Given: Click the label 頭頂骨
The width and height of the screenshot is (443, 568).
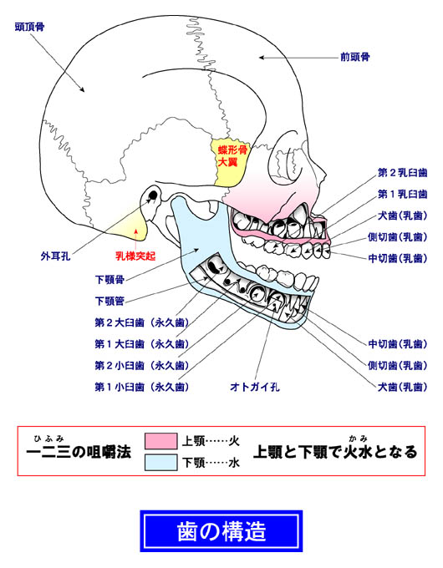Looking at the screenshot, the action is [x=29, y=28].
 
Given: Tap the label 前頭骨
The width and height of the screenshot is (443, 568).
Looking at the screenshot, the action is [x=355, y=57].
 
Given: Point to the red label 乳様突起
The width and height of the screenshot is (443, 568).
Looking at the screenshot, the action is [x=135, y=256].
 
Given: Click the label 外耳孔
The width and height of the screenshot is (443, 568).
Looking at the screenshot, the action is [x=55, y=256].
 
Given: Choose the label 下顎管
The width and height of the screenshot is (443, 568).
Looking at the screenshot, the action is [x=109, y=301].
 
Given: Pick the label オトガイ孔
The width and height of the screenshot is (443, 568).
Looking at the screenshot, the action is [x=255, y=387].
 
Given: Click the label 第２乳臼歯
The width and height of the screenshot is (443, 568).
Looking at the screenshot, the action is [x=402, y=173].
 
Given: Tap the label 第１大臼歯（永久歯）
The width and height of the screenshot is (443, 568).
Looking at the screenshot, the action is [x=142, y=344].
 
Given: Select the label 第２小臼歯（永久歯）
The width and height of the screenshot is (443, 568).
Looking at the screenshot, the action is [x=142, y=366].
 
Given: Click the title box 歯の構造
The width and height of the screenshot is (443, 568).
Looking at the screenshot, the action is [x=221, y=531].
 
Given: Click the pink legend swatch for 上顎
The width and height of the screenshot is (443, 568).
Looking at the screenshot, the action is [x=161, y=441].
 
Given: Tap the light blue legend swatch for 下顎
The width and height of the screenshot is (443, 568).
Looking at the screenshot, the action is [x=161, y=463].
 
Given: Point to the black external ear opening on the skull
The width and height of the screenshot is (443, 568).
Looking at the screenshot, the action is [x=153, y=195].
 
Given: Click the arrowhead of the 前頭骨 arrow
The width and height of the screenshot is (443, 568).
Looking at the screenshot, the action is [x=261, y=58].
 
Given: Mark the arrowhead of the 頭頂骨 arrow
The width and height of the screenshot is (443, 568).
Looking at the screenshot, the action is [x=82, y=89].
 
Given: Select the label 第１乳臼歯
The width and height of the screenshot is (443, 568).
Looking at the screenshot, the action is [x=402, y=194].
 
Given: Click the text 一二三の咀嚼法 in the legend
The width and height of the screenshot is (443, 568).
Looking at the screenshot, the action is [x=79, y=452].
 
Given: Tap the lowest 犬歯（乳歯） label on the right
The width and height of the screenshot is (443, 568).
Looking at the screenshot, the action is [x=402, y=387].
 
